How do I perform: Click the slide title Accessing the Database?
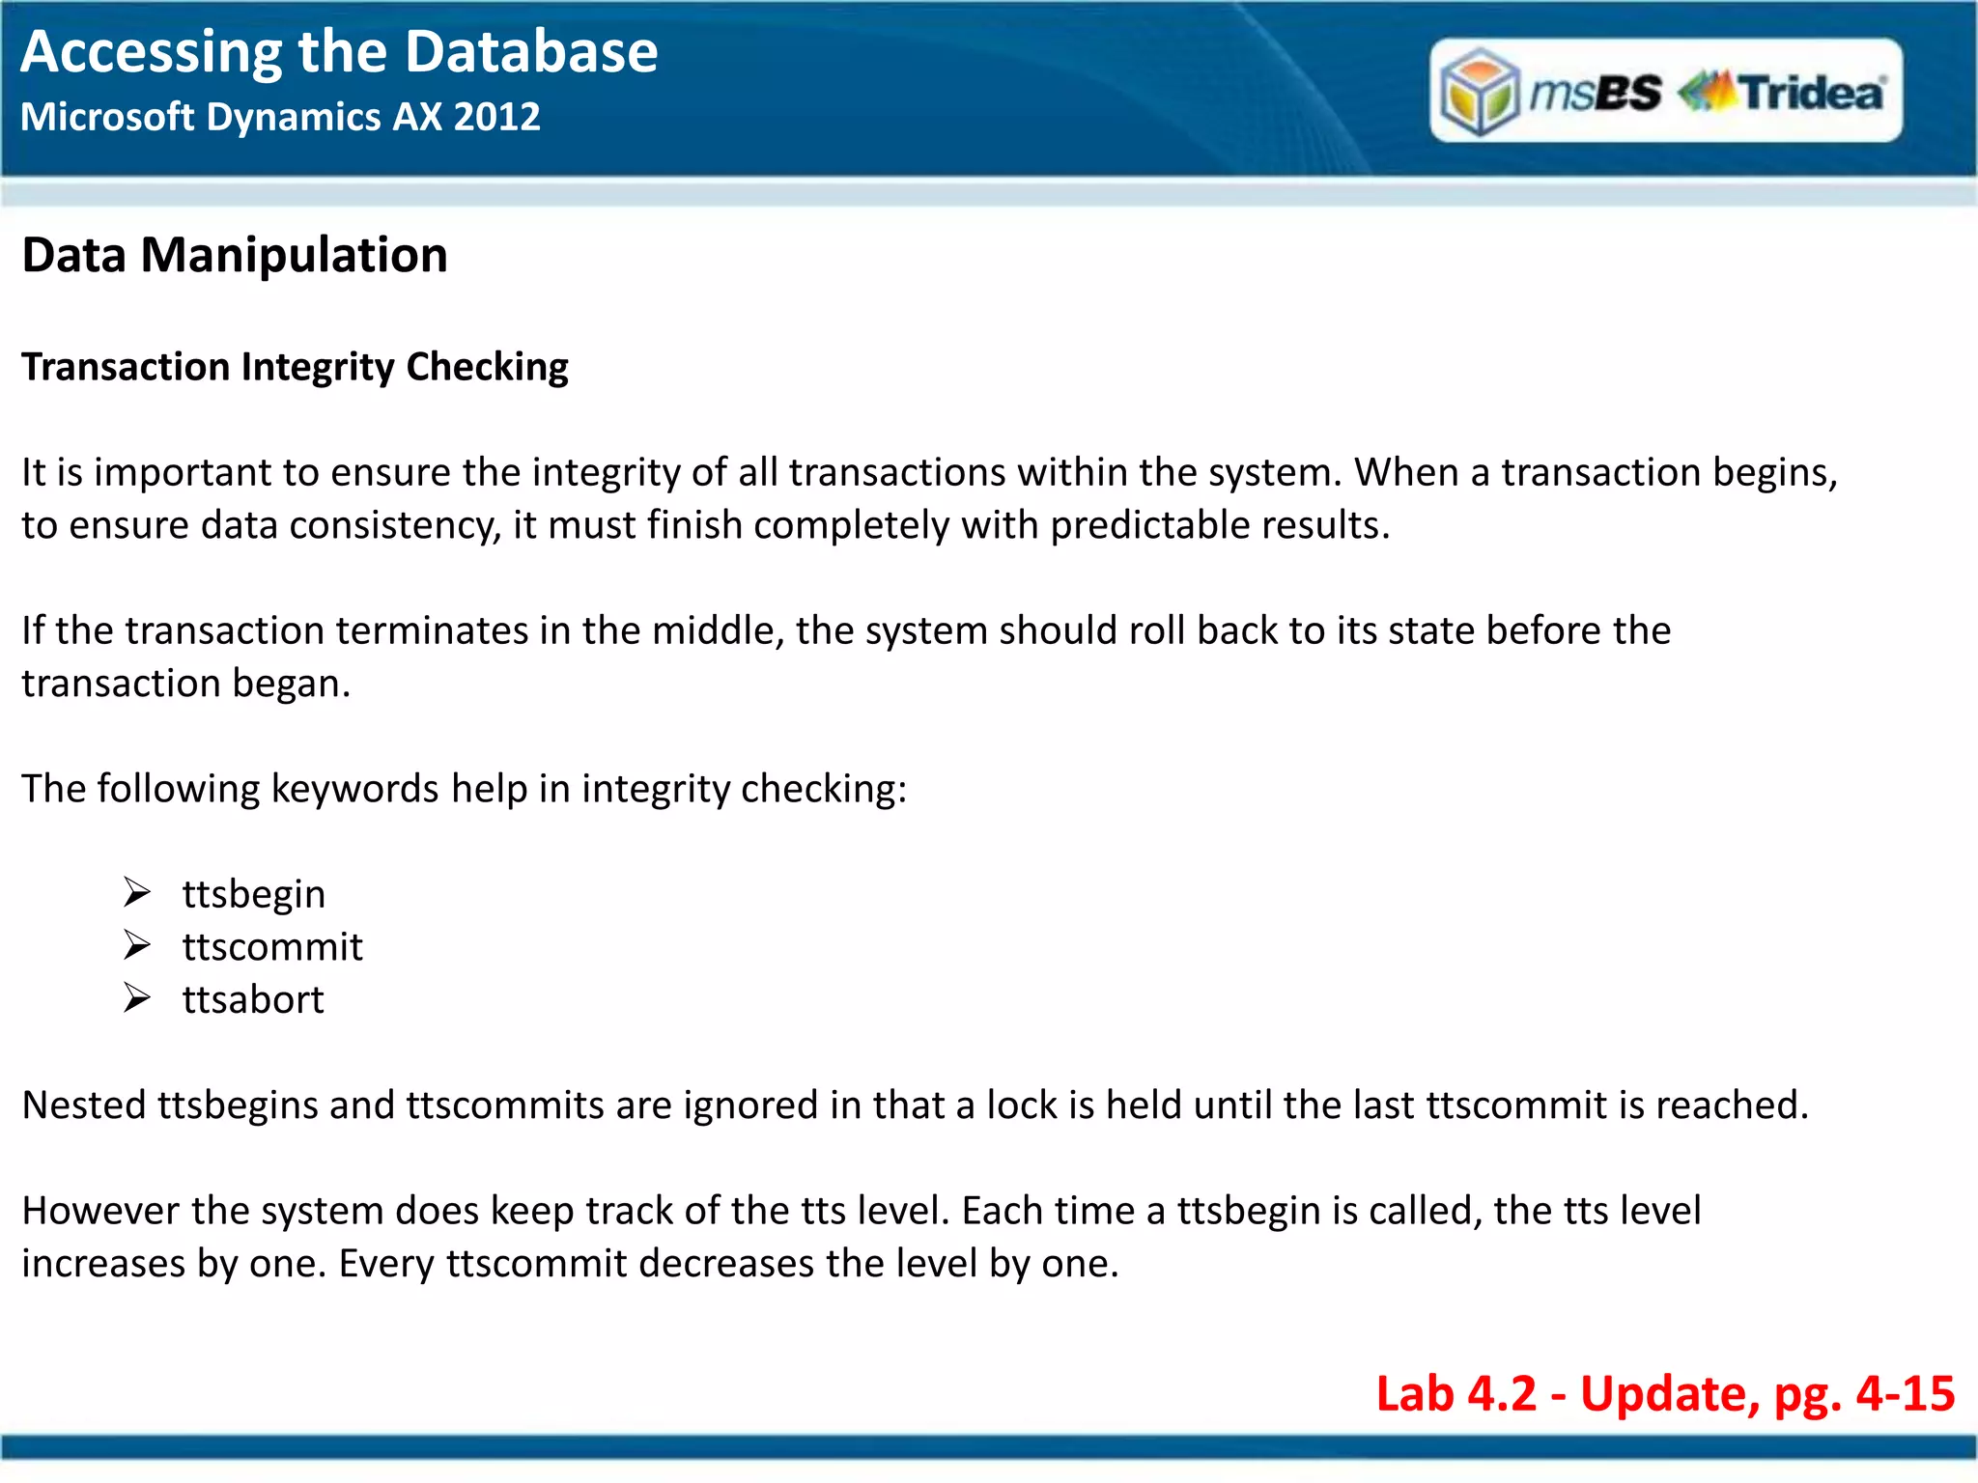(339, 52)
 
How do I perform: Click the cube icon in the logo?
(1479, 93)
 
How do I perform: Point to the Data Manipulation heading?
(235, 256)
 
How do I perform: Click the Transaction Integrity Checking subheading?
(295, 368)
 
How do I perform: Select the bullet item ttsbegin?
(253, 894)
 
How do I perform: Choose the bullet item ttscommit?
(272, 947)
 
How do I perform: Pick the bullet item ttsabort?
(253, 1000)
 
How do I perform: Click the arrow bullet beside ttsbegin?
(137, 892)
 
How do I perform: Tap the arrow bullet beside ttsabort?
(137, 998)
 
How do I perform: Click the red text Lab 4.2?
(1455, 1394)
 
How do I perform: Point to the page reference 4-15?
(1905, 1394)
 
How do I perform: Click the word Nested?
(83, 1105)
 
